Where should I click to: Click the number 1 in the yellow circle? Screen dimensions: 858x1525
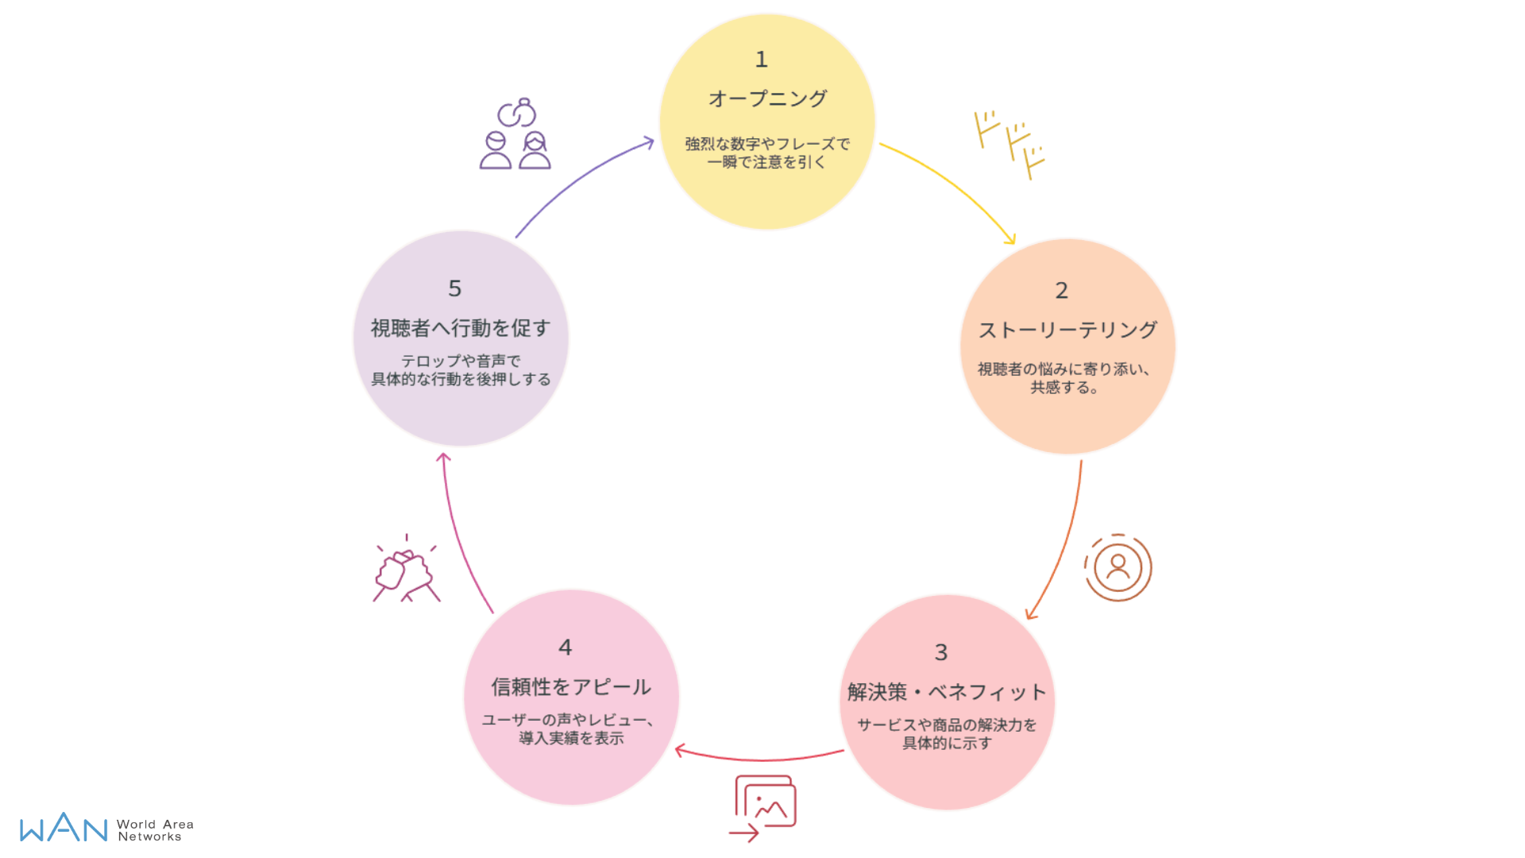coord(761,60)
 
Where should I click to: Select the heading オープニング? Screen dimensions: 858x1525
coord(767,99)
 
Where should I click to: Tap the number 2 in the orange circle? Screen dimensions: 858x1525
coord(1061,291)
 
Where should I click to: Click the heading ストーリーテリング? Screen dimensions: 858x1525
coord(1067,330)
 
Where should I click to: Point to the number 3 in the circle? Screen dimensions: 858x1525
coord(940,653)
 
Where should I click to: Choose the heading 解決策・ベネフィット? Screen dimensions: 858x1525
coord(946,692)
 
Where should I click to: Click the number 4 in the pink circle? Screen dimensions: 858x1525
coord(565,647)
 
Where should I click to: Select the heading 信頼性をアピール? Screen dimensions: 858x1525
coord(571,686)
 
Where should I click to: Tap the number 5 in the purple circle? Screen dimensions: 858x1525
coord(454,288)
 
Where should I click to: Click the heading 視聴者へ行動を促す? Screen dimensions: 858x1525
coord(461,327)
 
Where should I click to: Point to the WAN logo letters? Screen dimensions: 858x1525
coord(64,828)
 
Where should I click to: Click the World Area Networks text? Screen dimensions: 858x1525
coord(155,830)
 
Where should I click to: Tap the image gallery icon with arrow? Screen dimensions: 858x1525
coord(763,807)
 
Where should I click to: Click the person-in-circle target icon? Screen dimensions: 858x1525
coord(1118,567)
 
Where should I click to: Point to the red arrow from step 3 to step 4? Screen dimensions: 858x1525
coord(759,758)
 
